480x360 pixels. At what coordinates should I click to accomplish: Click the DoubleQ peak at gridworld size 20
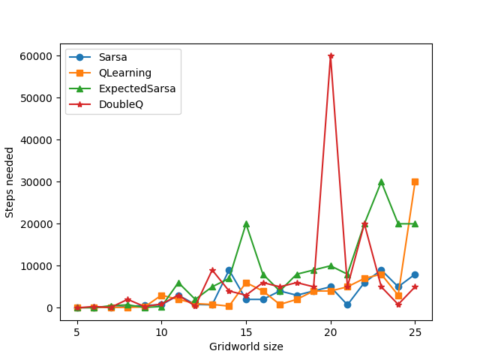tap(331, 56)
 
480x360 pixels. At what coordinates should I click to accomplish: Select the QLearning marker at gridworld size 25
tap(415, 181)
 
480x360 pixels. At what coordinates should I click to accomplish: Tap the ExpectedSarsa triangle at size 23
tap(381, 181)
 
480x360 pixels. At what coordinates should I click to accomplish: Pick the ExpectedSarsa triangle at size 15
tap(246, 223)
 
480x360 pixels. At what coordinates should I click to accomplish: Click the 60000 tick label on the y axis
tap(37, 56)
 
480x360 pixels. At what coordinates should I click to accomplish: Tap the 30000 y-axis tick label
tap(37, 182)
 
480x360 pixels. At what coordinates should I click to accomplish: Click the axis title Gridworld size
tap(246, 346)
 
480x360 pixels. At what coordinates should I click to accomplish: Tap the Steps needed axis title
tap(10, 182)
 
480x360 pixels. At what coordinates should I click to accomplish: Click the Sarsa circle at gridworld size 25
tap(415, 274)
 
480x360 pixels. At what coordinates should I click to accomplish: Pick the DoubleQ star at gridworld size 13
tap(212, 271)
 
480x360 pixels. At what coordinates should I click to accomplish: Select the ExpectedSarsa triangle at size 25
tap(415, 223)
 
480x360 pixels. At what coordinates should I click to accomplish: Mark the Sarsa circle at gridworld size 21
tap(347, 304)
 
